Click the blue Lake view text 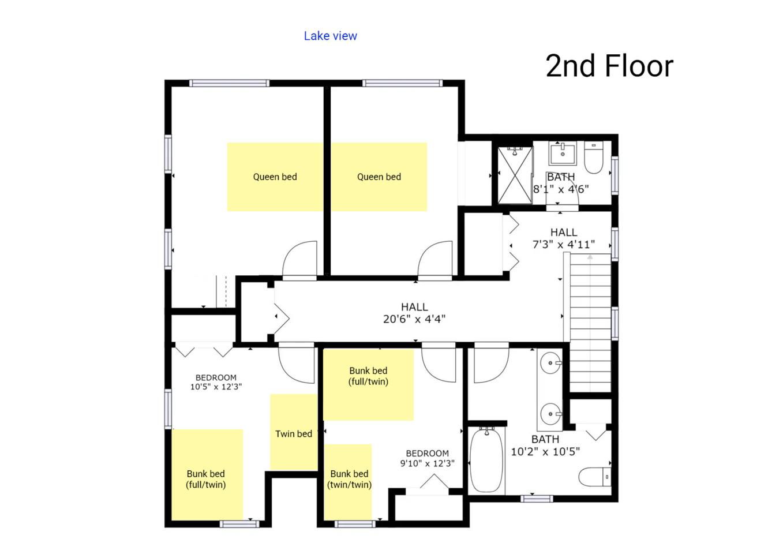(x=330, y=36)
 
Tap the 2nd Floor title (x=609, y=66)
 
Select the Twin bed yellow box (x=294, y=432)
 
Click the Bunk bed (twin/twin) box (x=348, y=482)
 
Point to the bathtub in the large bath (x=486, y=461)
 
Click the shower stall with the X (x=515, y=175)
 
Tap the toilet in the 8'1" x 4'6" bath (x=594, y=158)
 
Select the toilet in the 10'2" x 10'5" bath (x=594, y=477)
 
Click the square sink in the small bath (x=563, y=153)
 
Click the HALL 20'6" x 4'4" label (x=414, y=313)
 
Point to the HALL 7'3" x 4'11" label (x=564, y=238)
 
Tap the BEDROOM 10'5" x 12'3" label (x=216, y=382)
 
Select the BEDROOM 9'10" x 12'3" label (x=427, y=458)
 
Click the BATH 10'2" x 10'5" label (x=545, y=446)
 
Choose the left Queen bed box (x=275, y=177)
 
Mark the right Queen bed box (x=379, y=177)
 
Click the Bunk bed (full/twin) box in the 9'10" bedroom (x=369, y=384)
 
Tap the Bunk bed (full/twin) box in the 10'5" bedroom (x=207, y=475)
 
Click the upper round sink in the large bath (x=550, y=363)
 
